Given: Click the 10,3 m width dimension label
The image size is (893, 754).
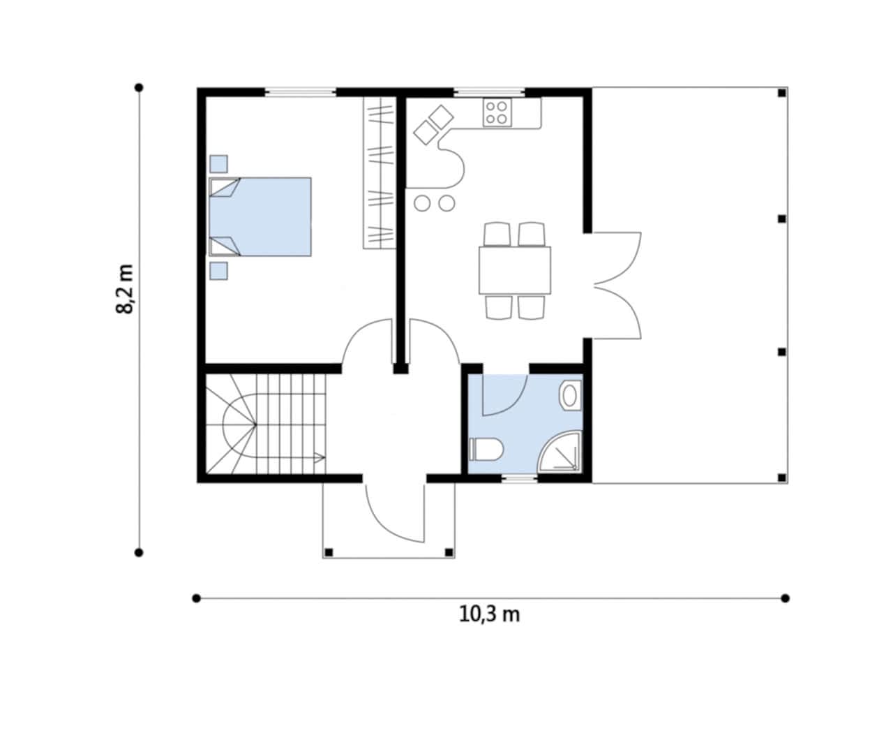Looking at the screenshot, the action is [x=489, y=615].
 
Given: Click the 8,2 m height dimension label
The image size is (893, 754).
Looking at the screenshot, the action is [x=125, y=290].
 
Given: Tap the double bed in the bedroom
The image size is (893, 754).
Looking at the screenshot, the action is [x=260, y=216].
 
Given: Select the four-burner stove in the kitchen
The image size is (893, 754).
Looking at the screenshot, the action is [x=497, y=112].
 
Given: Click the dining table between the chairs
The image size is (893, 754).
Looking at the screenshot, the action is [x=515, y=270].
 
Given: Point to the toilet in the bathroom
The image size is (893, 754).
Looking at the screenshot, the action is [x=486, y=449].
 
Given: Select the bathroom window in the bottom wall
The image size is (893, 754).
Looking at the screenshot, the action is [x=519, y=479].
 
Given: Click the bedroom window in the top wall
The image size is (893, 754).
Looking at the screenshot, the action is [x=300, y=92].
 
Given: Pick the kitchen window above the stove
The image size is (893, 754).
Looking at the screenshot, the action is [x=489, y=92].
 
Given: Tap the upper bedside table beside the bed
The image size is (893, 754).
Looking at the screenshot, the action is [x=218, y=164].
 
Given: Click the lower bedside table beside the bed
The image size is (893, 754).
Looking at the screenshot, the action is [x=218, y=271].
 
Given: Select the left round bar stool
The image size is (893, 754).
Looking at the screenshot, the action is [x=422, y=203].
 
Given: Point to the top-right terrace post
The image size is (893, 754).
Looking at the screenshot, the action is [x=782, y=93].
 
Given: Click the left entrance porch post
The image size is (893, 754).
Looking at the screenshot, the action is [x=329, y=552].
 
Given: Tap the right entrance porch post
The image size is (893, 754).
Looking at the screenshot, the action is [x=449, y=552].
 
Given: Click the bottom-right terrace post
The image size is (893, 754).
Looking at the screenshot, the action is [x=782, y=478].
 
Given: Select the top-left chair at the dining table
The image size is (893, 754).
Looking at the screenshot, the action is [x=497, y=234].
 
